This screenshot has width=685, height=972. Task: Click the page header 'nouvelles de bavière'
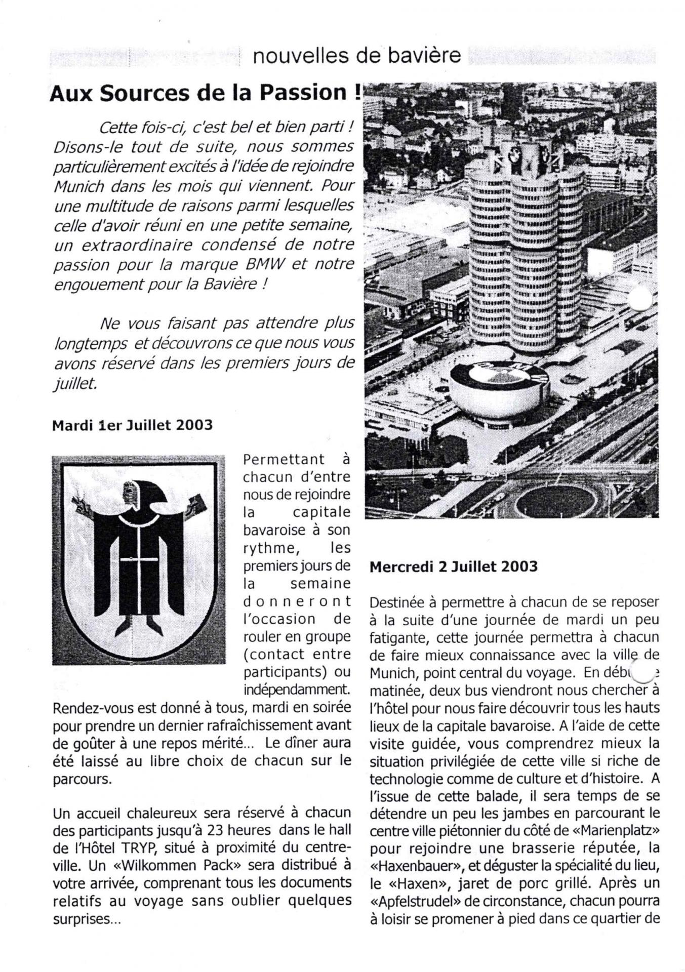[x=356, y=56]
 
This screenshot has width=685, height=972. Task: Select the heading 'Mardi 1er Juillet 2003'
[x=132, y=425]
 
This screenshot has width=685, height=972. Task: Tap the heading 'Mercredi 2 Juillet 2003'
[x=453, y=566]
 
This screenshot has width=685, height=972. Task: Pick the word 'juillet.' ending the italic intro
[x=74, y=384]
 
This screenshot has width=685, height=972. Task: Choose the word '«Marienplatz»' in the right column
[x=615, y=831]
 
